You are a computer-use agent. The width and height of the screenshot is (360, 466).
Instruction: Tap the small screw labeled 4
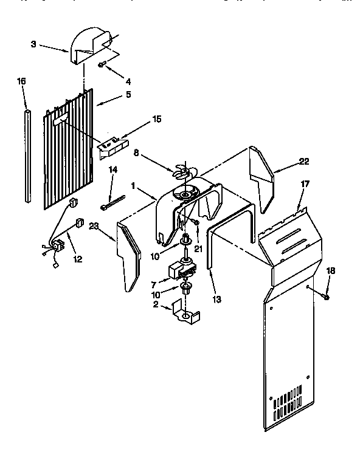102,64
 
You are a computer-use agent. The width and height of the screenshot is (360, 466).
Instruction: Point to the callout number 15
157,120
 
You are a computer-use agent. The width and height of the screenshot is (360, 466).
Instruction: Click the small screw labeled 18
327,296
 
